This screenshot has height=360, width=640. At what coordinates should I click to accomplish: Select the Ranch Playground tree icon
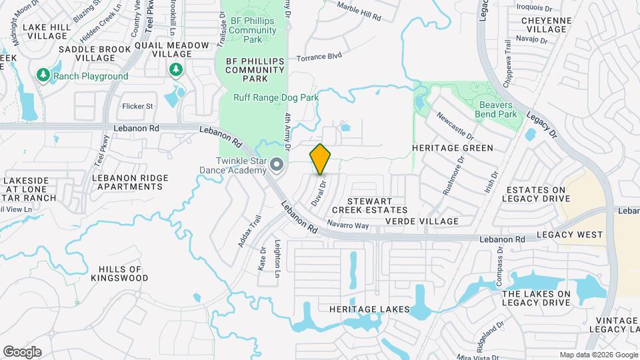click(x=45, y=75)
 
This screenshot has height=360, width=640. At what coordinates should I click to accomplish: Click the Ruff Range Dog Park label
click(x=275, y=97)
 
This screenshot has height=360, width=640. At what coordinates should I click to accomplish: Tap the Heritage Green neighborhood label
click(x=452, y=148)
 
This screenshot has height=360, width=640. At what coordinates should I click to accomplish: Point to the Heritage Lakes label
click(x=362, y=309)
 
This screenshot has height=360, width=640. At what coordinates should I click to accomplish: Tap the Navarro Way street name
click(x=348, y=225)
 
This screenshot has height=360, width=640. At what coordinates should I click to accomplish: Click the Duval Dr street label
click(x=317, y=193)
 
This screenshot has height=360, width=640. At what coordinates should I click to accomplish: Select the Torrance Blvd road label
click(x=319, y=57)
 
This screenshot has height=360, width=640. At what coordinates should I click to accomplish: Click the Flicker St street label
click(x=138, y=105)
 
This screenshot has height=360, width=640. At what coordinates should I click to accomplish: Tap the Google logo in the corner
click(x=22, y=352)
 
